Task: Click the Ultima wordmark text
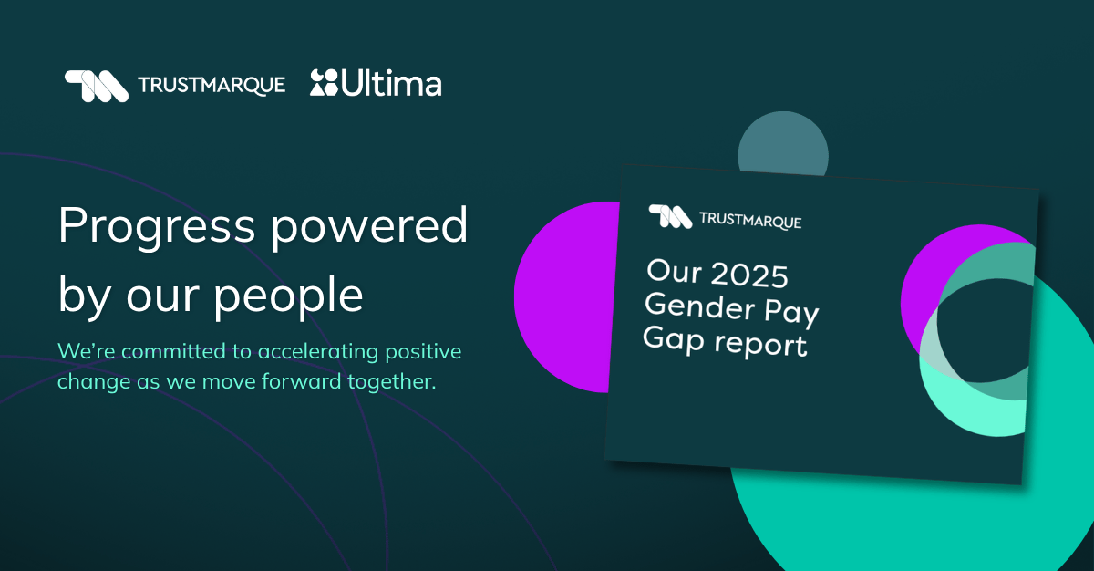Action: pos(391,84)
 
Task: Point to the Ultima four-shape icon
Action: pos(324,82)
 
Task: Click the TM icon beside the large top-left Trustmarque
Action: pos(97,86)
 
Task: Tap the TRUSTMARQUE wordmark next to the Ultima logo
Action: pos(212,86)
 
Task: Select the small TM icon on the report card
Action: pos(670,216)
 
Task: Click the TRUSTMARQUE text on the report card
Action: pos(750,221)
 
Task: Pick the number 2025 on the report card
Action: pos(749,275)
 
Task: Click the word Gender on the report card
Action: pos(699,306)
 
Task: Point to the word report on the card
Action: pos(760,345)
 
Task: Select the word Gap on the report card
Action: pos(674,339)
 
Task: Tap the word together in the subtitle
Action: pos(392,382)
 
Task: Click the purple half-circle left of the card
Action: pos(564,297)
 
